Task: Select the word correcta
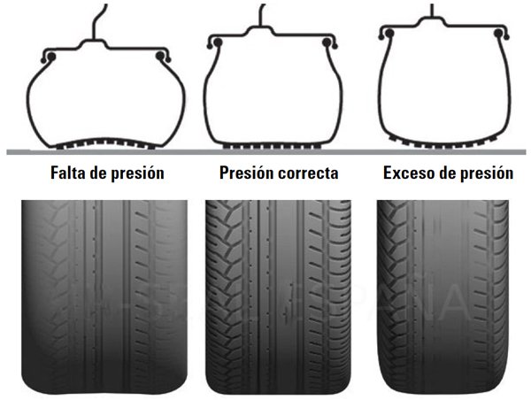[x=308, y=173]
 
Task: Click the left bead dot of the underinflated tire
[x=52, y=57]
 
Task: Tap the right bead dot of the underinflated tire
[x=160, y=57]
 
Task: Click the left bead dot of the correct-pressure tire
[x=218, y=42]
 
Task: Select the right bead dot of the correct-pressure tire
[x=327, y=42]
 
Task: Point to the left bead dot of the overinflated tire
[x=389, y=34]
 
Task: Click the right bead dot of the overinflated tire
[x=497, y=34]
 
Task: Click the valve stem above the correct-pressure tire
[x=261, y=15]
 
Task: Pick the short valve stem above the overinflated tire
[x=432, y=10]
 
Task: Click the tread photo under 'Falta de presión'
[x=104, y=296]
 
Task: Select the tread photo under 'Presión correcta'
[x=279, y=296]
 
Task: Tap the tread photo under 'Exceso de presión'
[x=442, y=296]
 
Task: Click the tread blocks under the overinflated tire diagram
[x=443, y=144]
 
